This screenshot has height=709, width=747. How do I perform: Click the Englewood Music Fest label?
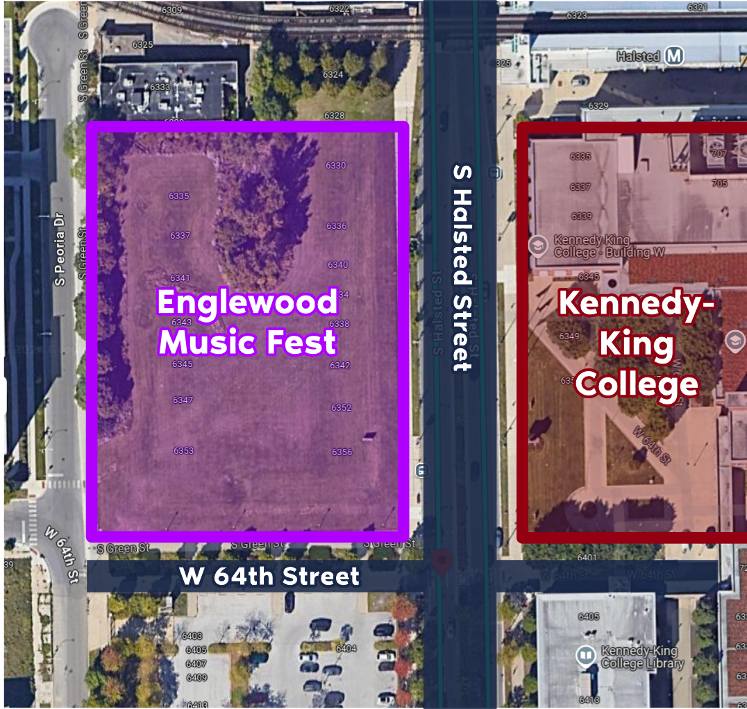tap(248, 322)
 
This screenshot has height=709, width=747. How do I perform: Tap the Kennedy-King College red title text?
tap(637, 344)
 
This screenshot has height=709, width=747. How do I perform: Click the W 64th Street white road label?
tap(269, 576)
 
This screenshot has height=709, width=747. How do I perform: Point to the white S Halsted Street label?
tap(461, 267)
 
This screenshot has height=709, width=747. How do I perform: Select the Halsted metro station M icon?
tap(673, 56)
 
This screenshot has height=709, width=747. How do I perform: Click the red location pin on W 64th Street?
tap(442, 562)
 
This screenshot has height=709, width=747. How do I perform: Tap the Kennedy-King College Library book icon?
tap(587, 656)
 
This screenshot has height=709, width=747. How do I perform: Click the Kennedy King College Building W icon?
tap(537, 245)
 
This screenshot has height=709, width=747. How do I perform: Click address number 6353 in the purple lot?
tap(183, 451)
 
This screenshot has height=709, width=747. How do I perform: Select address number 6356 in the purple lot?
tap(342, 452)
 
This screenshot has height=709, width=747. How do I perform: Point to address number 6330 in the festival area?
tap(335, 166)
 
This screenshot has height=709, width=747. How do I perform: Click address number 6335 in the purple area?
tap(179, 196)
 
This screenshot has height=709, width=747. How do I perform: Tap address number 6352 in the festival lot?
tap(341, 408)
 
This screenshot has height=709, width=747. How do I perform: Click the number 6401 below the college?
tap(587, 558)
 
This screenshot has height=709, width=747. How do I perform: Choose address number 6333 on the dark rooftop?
tap(160, 87)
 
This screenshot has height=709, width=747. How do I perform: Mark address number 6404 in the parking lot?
tap(346, 649)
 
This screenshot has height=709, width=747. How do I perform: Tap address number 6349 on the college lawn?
tap(569, 336)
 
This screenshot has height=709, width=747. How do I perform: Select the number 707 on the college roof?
tap(719, 153)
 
